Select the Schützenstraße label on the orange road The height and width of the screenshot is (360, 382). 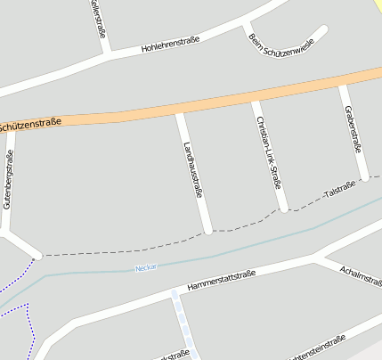coord(30,124)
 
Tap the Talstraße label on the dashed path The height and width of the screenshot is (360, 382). coord(339,189)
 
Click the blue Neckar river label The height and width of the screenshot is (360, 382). coord(145,266)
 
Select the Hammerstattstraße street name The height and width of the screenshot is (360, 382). coord(222,280)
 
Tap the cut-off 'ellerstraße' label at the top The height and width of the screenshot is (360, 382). coord(98,17)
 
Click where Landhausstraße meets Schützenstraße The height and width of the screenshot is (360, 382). coord(181,110)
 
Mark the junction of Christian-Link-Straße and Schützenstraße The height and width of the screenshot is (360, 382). coord(256,99)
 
